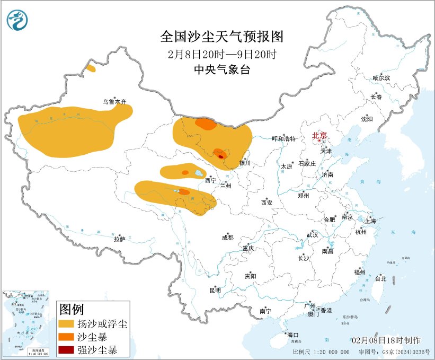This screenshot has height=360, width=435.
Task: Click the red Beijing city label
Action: click(319, 135)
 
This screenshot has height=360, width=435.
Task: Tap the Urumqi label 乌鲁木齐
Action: click(115, 101)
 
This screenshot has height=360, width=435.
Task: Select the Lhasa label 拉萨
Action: click(119, 239)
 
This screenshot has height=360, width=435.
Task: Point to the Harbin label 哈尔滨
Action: click(381, 78)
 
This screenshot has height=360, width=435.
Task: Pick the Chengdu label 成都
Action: click(228, 238)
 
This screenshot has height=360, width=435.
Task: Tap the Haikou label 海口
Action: click(293, 335)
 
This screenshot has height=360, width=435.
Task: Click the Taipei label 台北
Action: click(380, 278)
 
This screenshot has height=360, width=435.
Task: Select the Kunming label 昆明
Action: click(215, 290)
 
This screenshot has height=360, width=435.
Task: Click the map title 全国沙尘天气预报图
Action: click(222, 37)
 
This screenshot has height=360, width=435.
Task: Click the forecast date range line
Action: click(221, 54)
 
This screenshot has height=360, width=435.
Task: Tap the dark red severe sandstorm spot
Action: click(221, 156)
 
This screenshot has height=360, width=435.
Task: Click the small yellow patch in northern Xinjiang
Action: click(91, 68)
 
